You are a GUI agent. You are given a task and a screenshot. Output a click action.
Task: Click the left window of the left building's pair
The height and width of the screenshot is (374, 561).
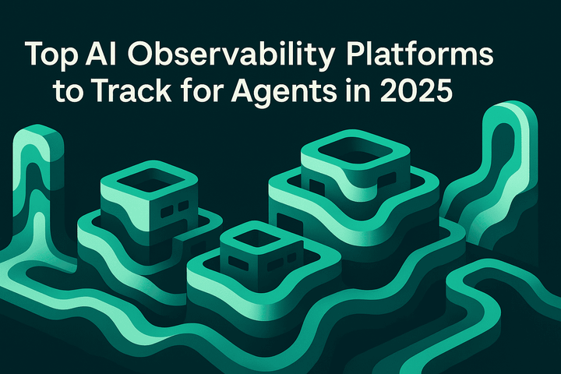[165, 211]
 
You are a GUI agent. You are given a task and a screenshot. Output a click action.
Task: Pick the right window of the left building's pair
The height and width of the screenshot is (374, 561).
[183, 206]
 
